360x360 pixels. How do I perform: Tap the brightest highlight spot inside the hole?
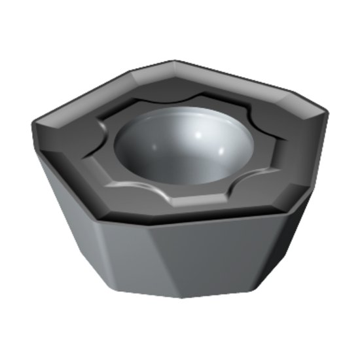click(198, 133)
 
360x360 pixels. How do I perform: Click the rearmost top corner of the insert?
click(175, 62)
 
